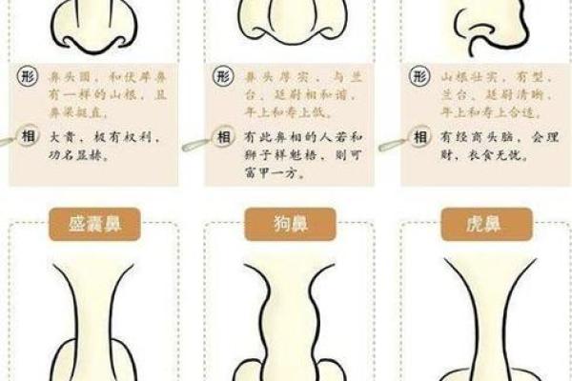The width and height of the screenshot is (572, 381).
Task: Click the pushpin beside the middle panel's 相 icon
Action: click(x=195, y=146)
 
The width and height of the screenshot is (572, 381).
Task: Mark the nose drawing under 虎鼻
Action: click(x=480, y=314)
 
